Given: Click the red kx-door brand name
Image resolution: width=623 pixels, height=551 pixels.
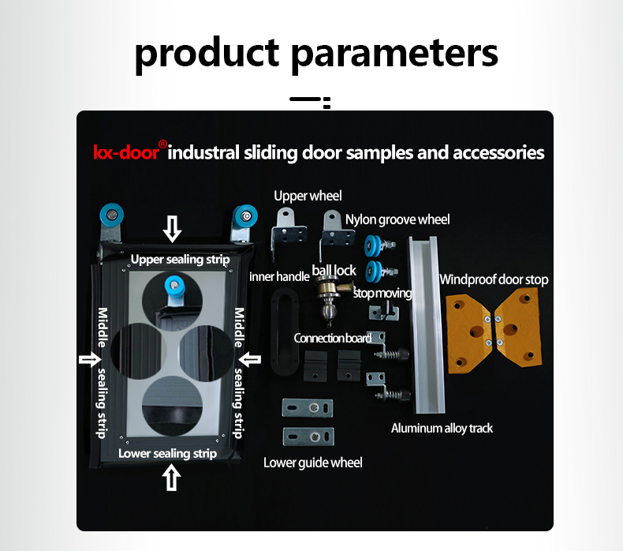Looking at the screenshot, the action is pos(126,152).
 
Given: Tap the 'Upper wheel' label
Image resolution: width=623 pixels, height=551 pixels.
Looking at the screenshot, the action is pos(308,196).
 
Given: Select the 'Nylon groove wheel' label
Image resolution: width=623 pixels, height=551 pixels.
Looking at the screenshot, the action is pos(397,219).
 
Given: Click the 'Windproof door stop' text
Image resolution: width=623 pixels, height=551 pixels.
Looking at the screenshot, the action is pos(494,279).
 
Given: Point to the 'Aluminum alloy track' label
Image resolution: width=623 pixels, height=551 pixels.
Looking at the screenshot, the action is pos(442,428).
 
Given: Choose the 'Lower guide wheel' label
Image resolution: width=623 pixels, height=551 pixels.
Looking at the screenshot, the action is pos(313,463).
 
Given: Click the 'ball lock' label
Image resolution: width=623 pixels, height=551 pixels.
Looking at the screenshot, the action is pos(334,271).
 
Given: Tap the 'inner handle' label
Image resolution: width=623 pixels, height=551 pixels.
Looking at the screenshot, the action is pos(279,276).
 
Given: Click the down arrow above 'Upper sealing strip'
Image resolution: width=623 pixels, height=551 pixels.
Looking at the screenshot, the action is pos(172,229).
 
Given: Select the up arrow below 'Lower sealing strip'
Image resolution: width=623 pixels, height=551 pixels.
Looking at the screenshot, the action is pos(171,478).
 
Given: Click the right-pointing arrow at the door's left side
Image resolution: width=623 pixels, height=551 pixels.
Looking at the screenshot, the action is pos(90,360).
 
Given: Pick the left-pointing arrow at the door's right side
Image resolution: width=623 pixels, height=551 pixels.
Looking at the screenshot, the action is pos(249,360).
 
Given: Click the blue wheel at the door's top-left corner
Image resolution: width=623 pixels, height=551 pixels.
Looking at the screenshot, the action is pos(112,216).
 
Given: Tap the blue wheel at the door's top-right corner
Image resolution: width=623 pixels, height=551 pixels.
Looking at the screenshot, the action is pos(245,216).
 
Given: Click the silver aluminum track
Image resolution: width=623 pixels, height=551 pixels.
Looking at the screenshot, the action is pos(427,324).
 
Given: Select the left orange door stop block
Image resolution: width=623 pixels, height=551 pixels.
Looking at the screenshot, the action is pos(469,332).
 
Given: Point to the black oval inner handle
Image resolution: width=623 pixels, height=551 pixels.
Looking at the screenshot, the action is pos(285,332).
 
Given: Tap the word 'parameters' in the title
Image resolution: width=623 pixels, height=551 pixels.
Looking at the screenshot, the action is pos(394,54).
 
